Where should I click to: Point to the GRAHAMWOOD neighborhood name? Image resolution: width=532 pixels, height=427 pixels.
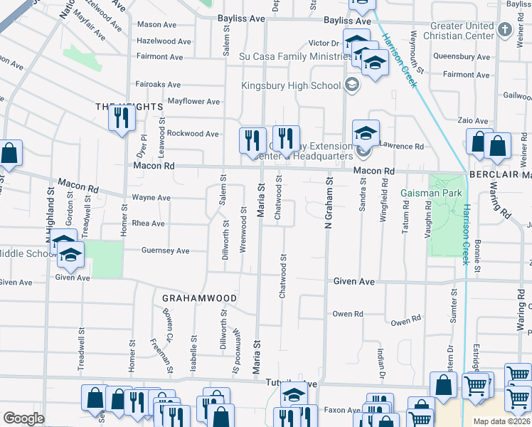[199, 297]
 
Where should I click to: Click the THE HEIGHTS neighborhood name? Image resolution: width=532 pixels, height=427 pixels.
[129, 106]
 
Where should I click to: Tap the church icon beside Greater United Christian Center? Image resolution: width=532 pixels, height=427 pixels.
[506, 31]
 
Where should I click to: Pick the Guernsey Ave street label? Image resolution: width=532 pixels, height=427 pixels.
[166, 251]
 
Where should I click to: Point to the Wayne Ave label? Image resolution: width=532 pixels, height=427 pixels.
[151, 197]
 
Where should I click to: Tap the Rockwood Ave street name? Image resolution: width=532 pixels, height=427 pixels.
[193, 133]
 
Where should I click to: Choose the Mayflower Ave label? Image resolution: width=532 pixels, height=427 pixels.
[193, 102]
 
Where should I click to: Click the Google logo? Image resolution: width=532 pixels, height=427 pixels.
[23, 418]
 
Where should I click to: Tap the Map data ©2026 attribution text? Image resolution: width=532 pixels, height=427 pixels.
[501, 421]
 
